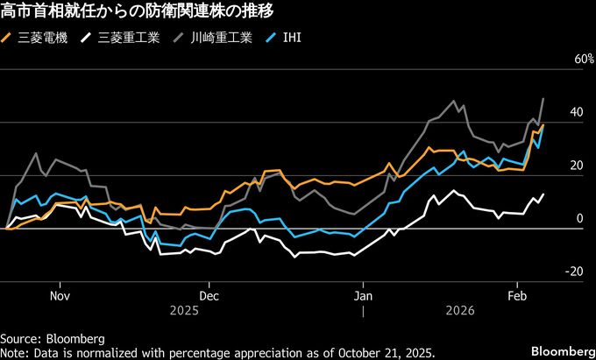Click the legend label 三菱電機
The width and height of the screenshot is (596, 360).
[x=39, y=38]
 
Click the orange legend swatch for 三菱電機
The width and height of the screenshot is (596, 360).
[x=8, y=38]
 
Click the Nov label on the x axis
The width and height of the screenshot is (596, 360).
[x=60, y=295]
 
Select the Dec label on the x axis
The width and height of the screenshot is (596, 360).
[x=209, y=295]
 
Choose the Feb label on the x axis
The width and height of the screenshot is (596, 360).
[x=516, y=295]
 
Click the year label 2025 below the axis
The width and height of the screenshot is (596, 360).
[x=184, y=311]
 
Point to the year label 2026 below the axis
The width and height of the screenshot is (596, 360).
[x=459, y=311]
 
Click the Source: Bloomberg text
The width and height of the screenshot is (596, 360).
[x=53, y=338]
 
